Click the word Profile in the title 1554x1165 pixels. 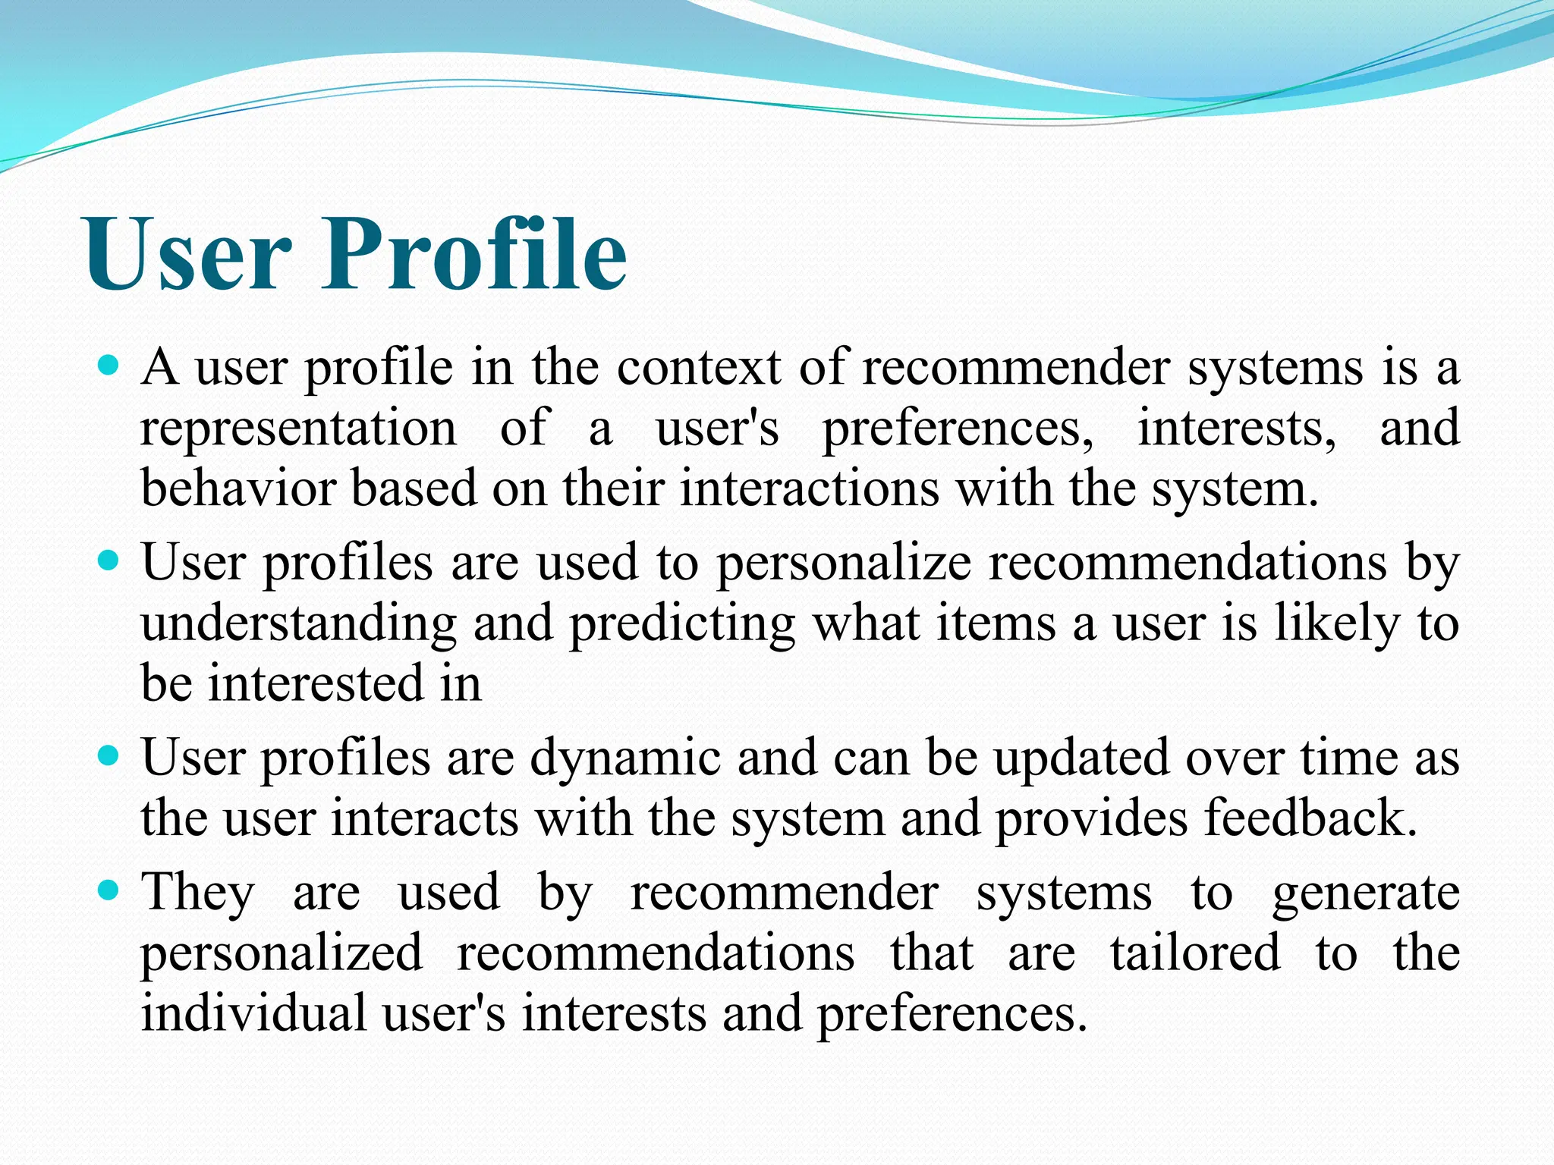475,253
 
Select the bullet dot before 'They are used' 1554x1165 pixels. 110,892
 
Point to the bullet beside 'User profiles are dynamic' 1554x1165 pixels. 110,757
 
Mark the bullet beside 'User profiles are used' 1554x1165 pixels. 110,562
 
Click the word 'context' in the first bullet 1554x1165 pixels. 699,368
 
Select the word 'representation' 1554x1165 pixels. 298,429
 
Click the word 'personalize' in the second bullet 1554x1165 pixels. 844,565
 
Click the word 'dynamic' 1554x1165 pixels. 624,759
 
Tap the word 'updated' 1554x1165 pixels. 1082,759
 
